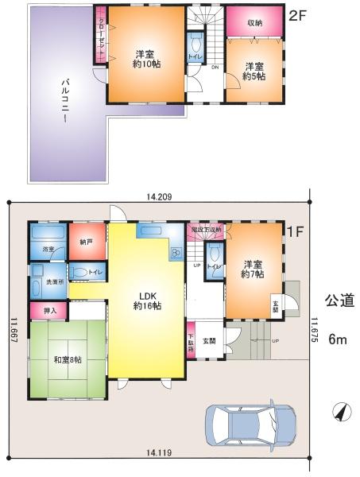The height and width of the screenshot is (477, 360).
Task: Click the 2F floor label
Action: coord(296,14)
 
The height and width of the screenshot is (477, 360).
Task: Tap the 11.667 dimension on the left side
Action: coord(14,333)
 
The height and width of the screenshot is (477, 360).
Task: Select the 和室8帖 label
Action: coord(68,359)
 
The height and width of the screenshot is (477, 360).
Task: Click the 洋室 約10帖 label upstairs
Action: coord(147,59)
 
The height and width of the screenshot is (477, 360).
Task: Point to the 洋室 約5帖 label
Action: coord(254,71)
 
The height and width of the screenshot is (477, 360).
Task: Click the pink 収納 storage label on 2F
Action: coord(255,22)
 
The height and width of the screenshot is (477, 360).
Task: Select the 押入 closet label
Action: coord(47,311)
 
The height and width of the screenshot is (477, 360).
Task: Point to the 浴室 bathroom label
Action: coord(48,249)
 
